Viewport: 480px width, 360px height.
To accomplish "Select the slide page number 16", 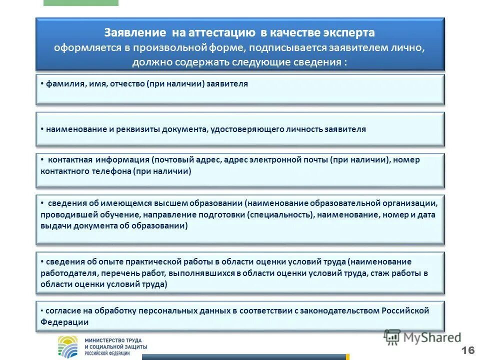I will (x=468, y=349).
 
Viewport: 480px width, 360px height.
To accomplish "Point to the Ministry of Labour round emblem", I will (x=68, y=346).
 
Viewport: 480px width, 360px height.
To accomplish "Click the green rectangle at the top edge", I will (x=81, y=2).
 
